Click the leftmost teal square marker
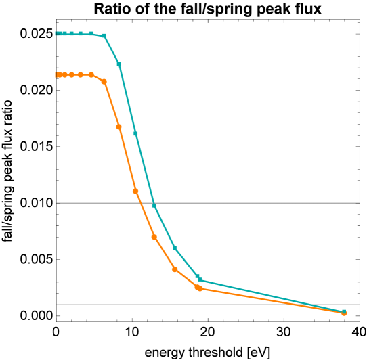click(x=58, y=33)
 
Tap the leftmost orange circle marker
click(x=58, y=74)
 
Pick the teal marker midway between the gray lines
click(x=175, y=248)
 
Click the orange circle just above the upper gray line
click(x=135, y=191)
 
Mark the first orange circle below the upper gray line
click(x=154, y=237)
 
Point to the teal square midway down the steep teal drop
click(x=135, y=133)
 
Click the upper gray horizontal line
click(x=257, y=202)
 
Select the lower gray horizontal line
click(x=203, y=305)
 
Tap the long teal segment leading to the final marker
click(x=271, y=296)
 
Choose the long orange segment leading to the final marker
click(x=271, y=300)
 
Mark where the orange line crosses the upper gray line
click(x=141, y=202)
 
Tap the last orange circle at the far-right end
click(x=344, y=313)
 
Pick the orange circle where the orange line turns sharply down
click(x=104, y=81)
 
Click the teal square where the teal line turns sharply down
click(x=104, y=35)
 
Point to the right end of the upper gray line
click(x=358, y=202)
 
